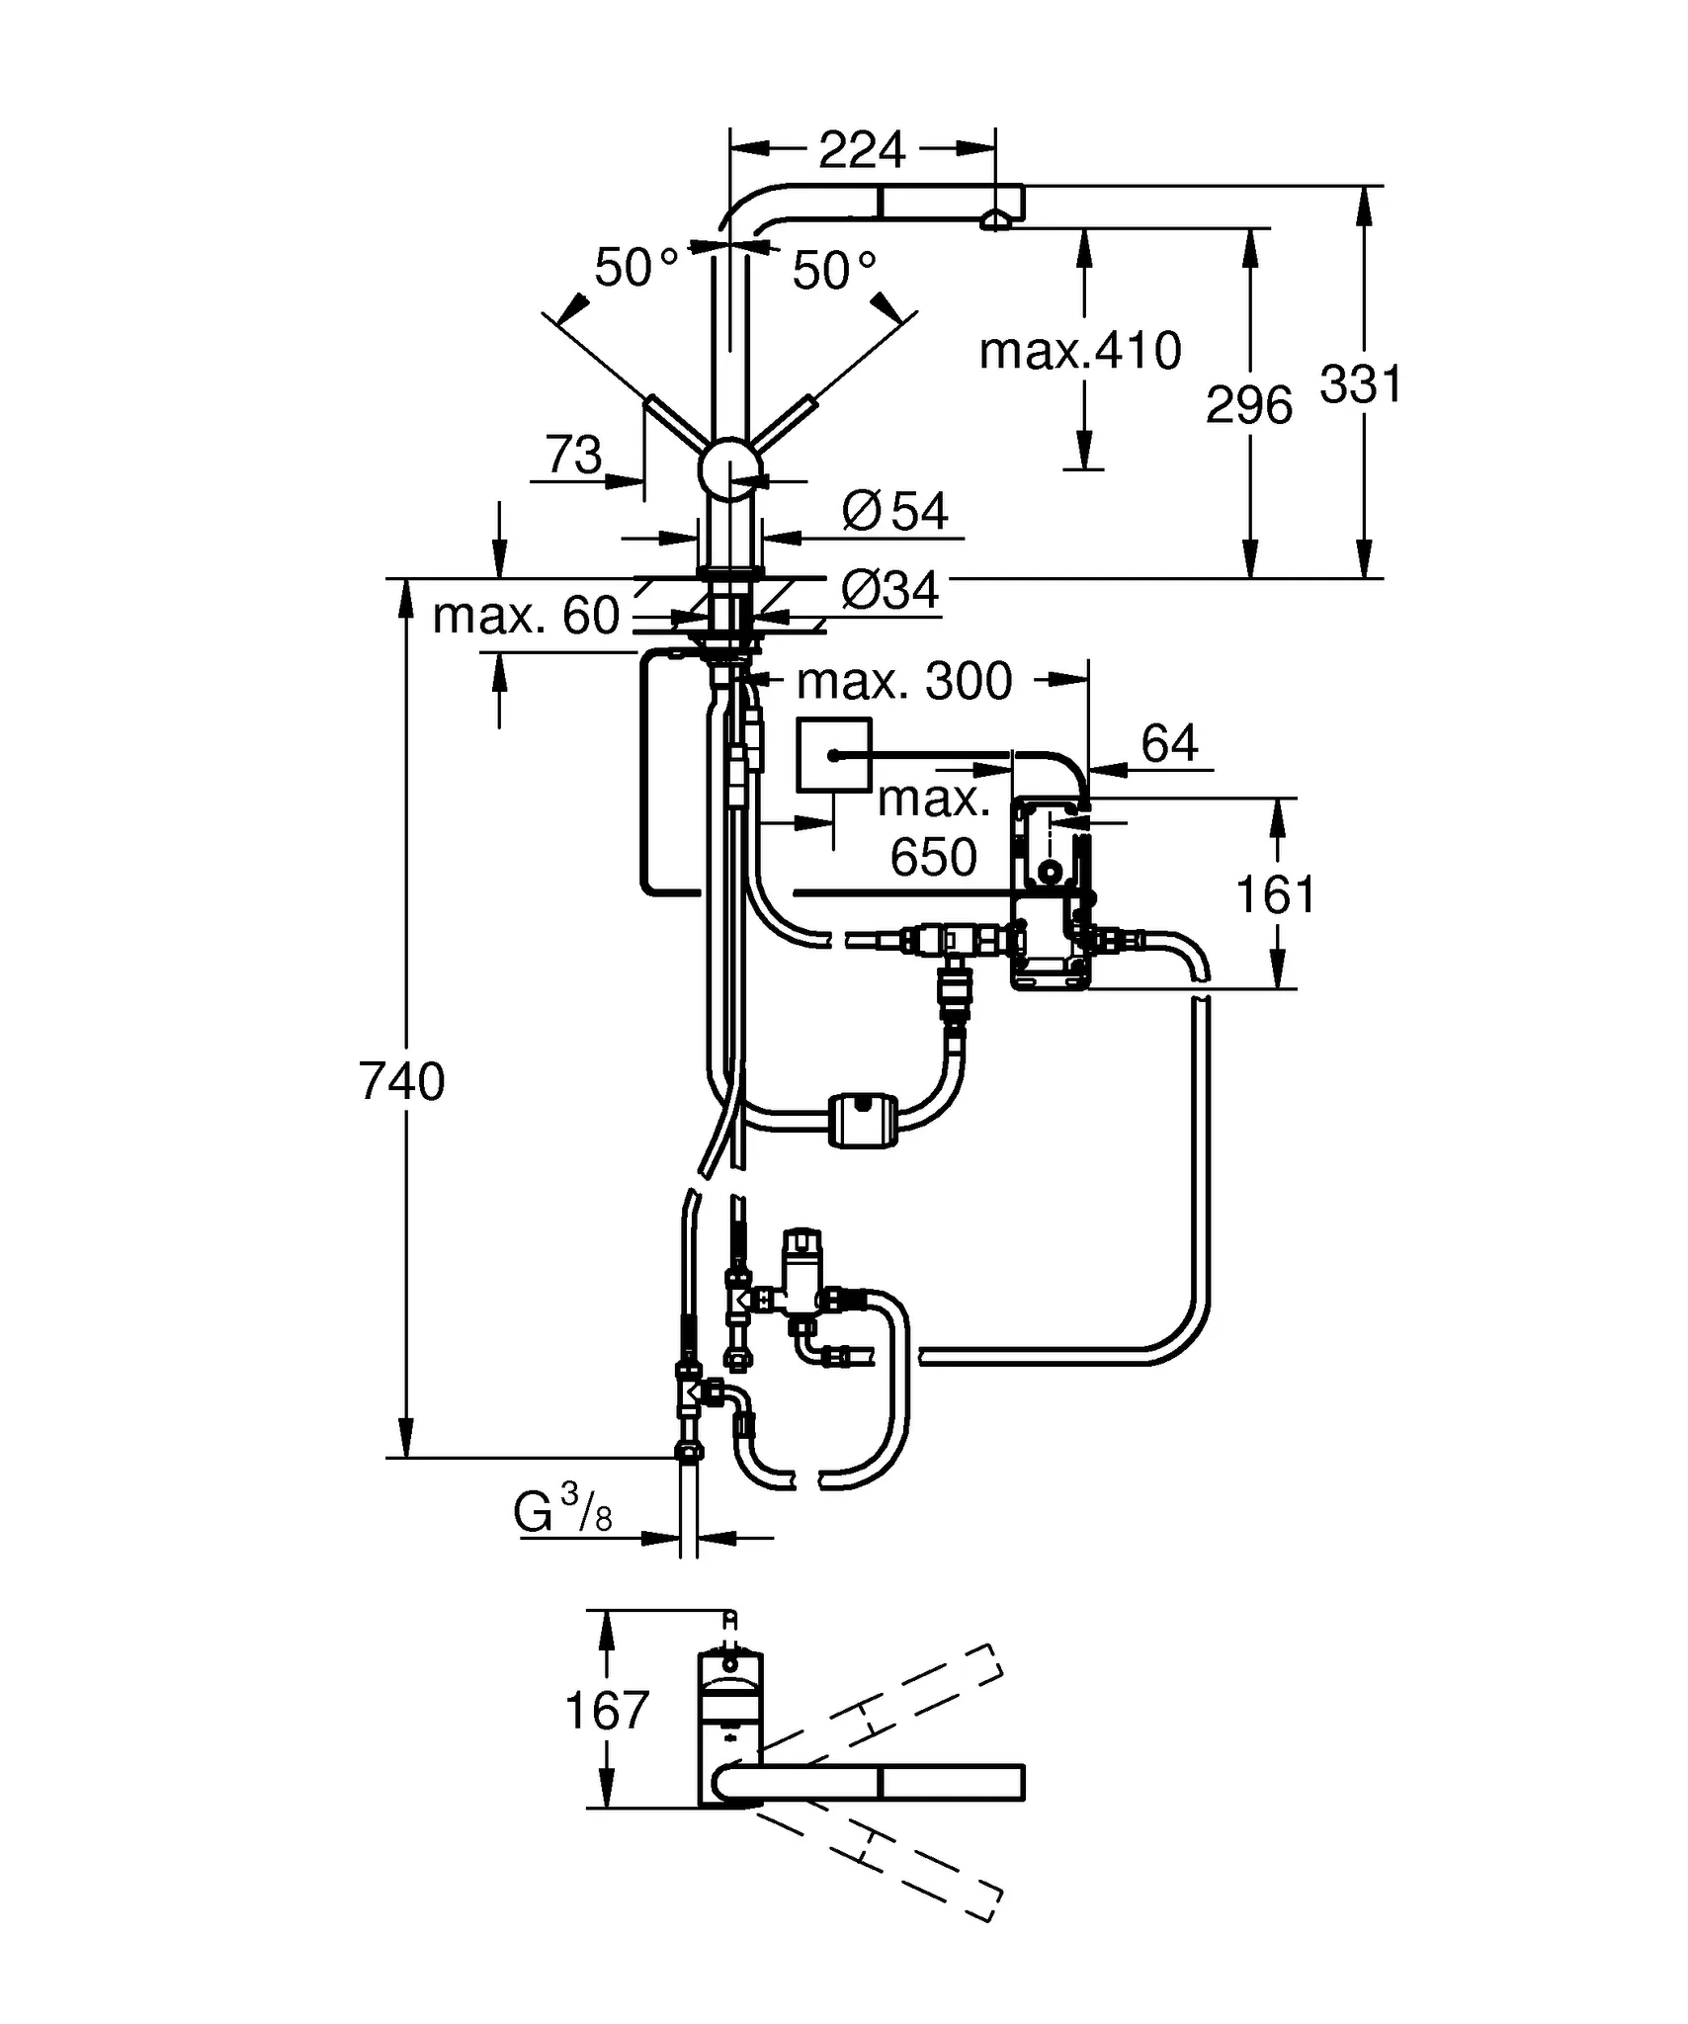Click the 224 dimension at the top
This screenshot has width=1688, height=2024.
(x=862, y=150)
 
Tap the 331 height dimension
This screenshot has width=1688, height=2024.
(x=1361, y=384)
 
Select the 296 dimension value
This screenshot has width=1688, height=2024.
(x=1248, y=405)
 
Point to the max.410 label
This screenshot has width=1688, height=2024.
(x=1079, y=351)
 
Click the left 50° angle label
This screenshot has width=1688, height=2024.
(x=636, y=268)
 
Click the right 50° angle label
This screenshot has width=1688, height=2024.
(x=834, y=270)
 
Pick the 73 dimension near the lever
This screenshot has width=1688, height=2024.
(x=573, y=455)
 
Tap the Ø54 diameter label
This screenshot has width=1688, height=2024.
(x=895, y=512)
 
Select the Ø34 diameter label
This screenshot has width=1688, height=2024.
(x=889, y=591)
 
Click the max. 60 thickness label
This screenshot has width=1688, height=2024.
(x=526, y=616)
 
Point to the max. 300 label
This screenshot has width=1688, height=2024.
(x=903, y=681)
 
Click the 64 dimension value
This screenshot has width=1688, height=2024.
(x=1169, y=743)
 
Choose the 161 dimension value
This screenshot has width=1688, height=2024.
(x=1276, y=894)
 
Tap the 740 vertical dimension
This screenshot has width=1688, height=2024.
(x=402, y=1081)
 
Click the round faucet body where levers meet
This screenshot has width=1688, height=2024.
(x=729, y=469)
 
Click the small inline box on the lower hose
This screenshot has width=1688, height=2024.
(x=863, y=1119)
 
